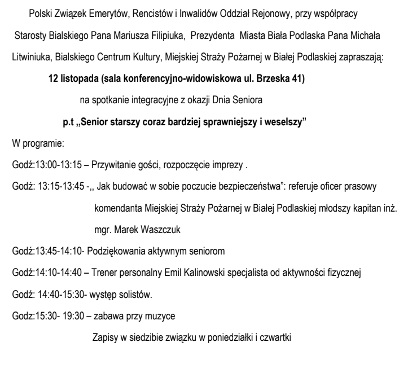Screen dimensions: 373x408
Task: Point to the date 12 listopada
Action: (77, 80)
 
